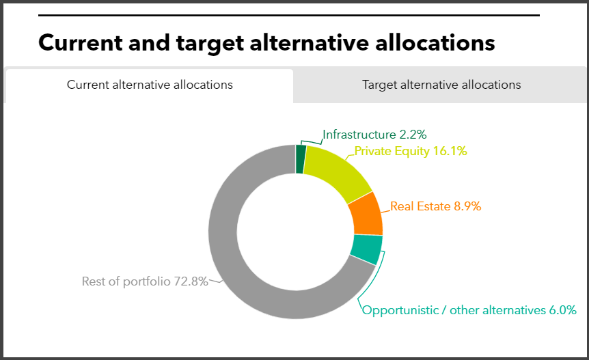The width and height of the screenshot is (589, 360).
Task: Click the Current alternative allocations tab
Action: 150,85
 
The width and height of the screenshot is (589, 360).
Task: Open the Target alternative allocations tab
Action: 441,85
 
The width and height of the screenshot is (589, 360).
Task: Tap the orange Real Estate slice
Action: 366,213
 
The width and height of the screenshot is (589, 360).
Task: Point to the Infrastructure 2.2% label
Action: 379,135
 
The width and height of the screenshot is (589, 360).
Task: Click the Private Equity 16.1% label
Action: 410,151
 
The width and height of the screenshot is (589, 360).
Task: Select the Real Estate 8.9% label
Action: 435,206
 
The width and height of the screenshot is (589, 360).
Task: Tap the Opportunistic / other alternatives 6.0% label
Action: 469,310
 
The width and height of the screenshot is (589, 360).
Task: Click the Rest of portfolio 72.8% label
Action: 145,281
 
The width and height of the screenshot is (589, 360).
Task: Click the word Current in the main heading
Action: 75,42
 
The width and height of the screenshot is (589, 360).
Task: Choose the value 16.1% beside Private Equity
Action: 450,151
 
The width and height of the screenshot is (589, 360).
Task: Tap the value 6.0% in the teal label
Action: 563,310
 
